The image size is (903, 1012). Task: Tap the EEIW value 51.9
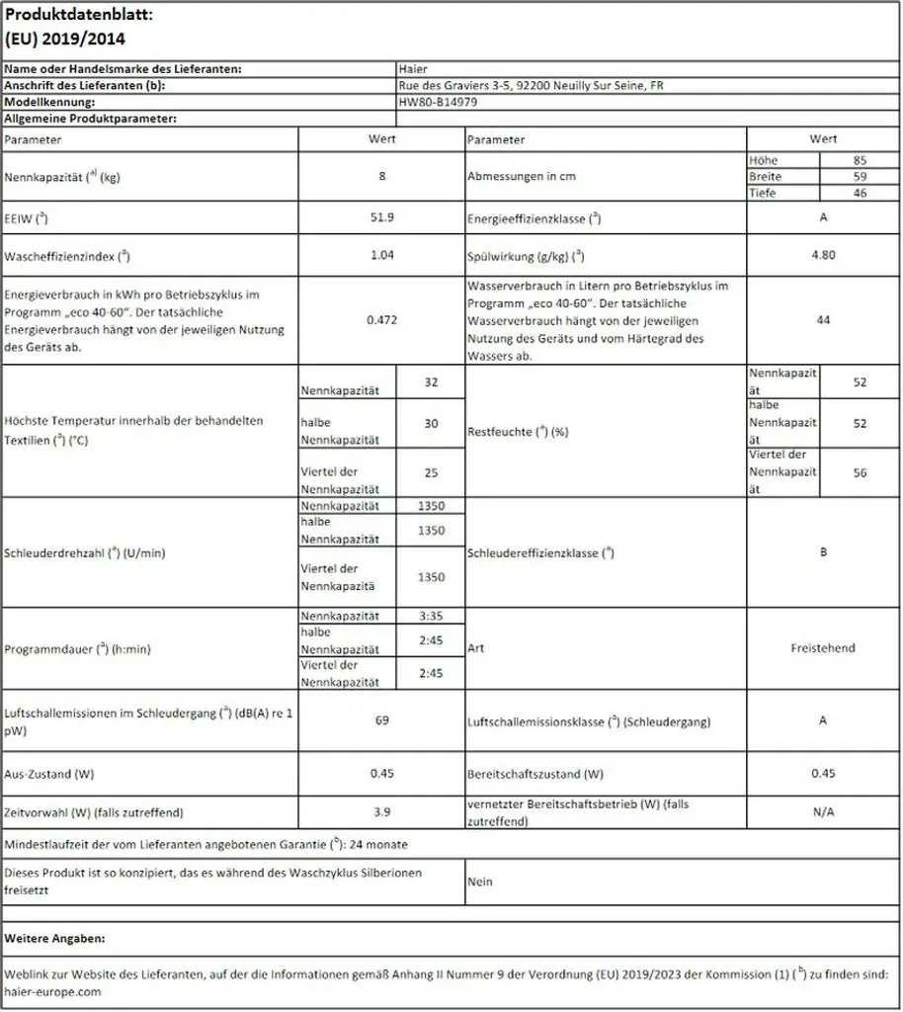380,216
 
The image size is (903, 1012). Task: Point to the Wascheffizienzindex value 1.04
380,254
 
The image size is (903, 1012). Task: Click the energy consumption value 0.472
380,319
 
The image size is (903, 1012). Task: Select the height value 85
860,160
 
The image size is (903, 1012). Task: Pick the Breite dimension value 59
860,176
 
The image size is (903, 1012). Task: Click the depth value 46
860,193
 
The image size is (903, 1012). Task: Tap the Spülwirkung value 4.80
823,254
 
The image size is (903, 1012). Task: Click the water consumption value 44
823,319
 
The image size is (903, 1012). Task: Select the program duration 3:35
430,616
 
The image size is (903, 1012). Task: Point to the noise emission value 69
380,720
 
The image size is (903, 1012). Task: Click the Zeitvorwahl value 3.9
380,811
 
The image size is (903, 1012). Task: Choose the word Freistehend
823,648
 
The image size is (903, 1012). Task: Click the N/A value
823,811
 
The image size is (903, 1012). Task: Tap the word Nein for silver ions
480,882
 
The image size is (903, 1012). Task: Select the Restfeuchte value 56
860,472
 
